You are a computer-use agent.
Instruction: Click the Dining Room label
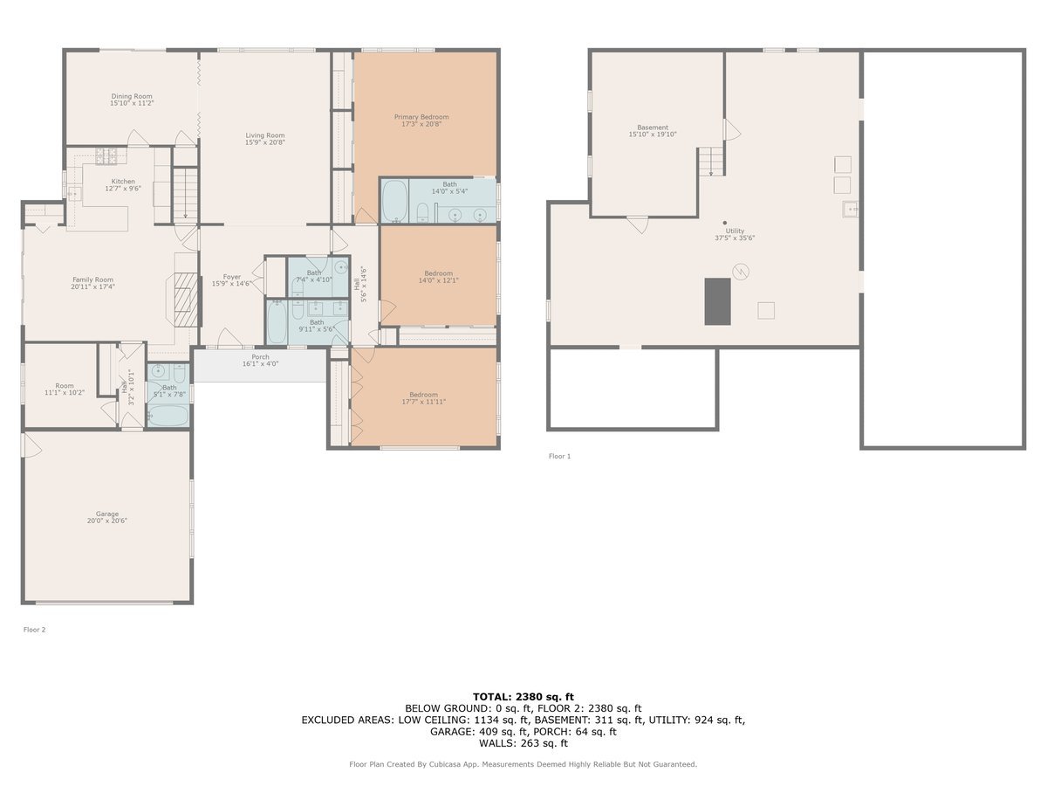[x=132, y=96]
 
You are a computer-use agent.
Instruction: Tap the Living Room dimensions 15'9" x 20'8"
[x=265, y=142]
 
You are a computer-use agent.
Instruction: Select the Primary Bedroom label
[x=421, y=117]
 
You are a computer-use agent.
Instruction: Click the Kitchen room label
[x=123, y=182]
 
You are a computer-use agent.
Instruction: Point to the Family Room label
[x=93, y=279]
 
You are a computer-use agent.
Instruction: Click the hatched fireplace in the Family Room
[x=186, y=300]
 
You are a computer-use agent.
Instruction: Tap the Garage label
[x=106, y=514]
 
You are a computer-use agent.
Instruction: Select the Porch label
[x=260, y=357]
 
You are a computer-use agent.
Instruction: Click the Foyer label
[x=232, y=277]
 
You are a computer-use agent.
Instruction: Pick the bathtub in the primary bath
[x=395, y=201]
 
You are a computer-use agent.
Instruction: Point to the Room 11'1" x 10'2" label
[x=65, y=389]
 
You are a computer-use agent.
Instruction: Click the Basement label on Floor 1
[x=653, y=128]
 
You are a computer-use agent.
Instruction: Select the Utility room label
[x=735, y=231]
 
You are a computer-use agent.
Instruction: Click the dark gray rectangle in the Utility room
[x=718, y=301]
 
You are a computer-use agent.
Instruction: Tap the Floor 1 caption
[x=559, y=456]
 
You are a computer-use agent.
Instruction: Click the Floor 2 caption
[x=34, y=630]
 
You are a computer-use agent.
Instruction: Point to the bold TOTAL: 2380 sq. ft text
[x=523, y=697]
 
